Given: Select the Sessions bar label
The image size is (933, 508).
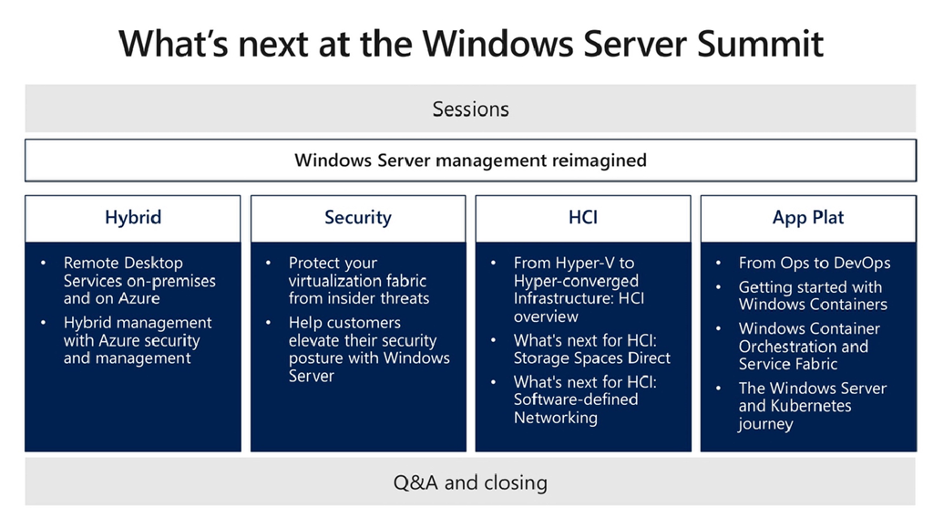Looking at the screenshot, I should (470, 109).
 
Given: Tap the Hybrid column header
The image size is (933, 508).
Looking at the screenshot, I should (133, 217).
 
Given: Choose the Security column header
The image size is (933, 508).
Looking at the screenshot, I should (358, 217).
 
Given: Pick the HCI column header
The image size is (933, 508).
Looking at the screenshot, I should (582, 217).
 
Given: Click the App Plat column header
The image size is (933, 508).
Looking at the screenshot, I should (807, 217).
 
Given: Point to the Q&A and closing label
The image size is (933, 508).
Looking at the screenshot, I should (470, 481).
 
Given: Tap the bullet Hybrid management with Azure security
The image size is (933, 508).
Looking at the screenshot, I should (137, 340).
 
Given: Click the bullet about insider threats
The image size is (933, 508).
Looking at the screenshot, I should (358, 280).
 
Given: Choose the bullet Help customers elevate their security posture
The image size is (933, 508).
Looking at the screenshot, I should (368, 349).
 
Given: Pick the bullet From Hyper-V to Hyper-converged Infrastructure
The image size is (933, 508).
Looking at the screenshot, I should (576, 289).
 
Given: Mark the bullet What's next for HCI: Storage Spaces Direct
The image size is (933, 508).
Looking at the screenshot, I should (591, 349).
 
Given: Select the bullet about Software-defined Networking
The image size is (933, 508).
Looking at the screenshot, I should (584, 399).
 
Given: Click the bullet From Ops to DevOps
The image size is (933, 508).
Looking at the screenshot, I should (814, 263).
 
